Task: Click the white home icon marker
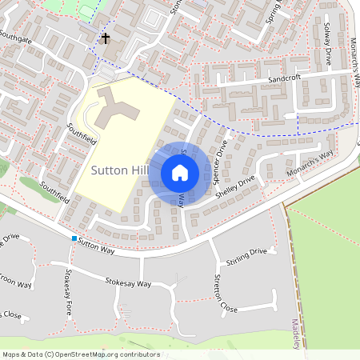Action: point(180,172)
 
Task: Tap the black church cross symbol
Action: point(105,38)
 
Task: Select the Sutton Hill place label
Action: point(120,170)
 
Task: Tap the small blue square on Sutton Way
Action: point(74,238)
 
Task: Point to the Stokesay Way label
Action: point(128,282)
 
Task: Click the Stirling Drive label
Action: point(246,252)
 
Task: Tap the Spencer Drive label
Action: point(222,158)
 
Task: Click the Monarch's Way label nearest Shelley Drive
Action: point(310,164)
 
